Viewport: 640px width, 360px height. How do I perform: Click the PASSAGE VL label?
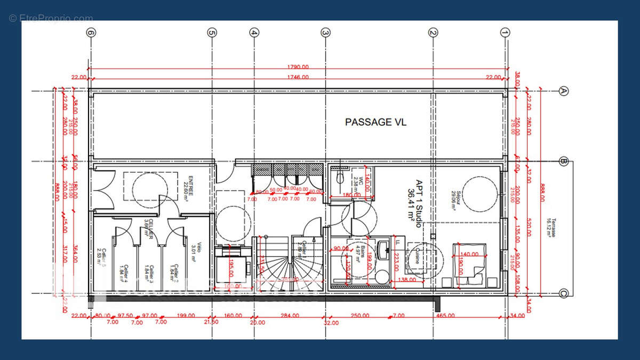[x=375, y=122]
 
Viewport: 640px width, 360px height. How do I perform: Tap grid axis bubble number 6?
[x=92, y=33]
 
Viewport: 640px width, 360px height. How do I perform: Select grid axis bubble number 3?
[x=325, y=33]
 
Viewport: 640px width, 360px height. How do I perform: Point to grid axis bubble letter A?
[x=564, y=91]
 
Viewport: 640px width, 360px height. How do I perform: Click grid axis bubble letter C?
[x=564, y=293]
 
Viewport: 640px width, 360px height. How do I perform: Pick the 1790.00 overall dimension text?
[x=299, y=67]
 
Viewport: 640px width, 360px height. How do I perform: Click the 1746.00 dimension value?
[x=298, y=77]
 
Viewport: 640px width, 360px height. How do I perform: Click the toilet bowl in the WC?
[x=340, y=180]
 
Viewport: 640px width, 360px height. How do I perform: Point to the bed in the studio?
[x=469, y=265]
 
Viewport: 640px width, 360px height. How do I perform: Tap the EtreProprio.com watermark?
[x=51, y=18]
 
